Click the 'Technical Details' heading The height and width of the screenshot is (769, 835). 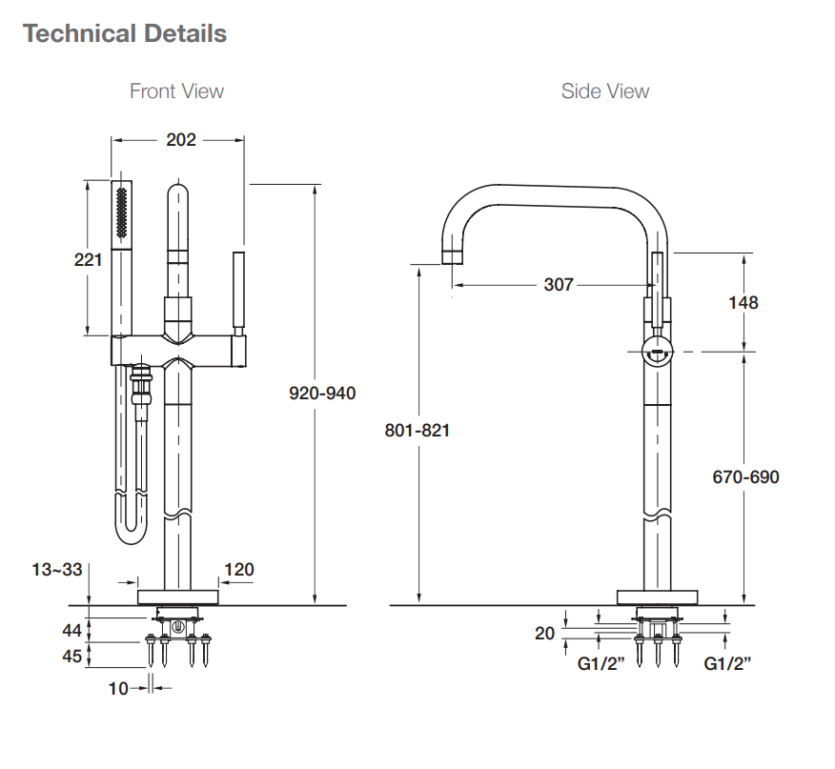click(x=125, y=34)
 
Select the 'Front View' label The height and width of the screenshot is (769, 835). click(x=176, y=91)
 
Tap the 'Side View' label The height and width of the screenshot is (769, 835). click(x=605, y=91)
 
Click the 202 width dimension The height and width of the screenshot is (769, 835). click(x=180, y=140)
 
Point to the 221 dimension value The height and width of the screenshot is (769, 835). click(x=89, y=259)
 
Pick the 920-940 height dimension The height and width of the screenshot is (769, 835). click(x=322, y=393)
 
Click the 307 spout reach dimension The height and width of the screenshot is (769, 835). click(x=559, y=285)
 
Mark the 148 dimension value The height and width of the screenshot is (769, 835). click(x=743, y=302)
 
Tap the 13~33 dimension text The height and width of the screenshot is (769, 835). click(x=57, y=570)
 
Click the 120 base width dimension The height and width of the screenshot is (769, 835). click(x=238, y=570)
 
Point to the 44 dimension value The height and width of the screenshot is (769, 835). click(x=73, y=629)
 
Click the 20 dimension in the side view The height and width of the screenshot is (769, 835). click(x=544, y=633)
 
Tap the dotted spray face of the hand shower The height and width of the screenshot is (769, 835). click(x=121, y=213)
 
